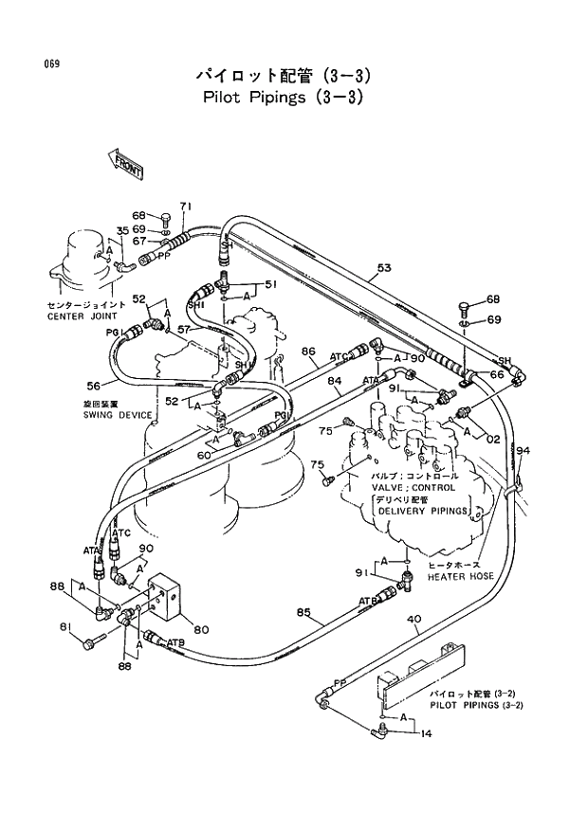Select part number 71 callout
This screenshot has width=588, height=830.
click(x=186, y=207)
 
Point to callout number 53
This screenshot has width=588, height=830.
click(x=383, y=268)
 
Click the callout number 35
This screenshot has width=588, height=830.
click(x=122, y=231)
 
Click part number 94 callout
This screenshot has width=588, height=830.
click(x=523, y=450)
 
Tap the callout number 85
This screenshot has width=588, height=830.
click(x=303, y=611)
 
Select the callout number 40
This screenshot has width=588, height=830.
click(x=413, y=621)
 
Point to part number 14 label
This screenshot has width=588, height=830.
click(x=425, y=732)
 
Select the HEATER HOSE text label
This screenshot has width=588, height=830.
click(x=459, y=576)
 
